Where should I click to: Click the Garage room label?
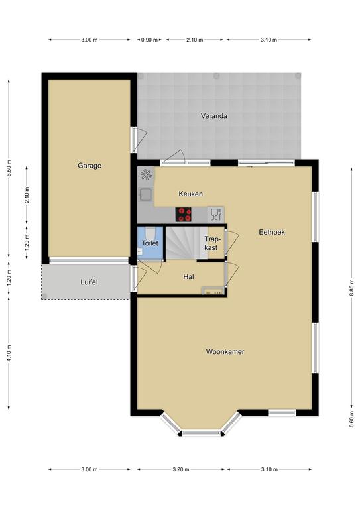[90, 166]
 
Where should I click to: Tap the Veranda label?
[214, 116]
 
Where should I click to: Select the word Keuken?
[190, 194]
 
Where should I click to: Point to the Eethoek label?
[272, 232]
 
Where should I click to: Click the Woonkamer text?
[225, 351]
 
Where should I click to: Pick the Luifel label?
[89, 282]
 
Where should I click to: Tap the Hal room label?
[188, 277]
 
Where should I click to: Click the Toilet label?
[150, 243]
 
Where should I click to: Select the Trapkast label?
[211, 243]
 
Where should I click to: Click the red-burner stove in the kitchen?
[184, 215]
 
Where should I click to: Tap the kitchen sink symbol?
[145, 194]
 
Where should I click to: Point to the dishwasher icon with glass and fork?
[216, 214]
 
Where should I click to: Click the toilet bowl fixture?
[150, 233]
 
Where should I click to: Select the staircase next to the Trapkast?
[182, 243]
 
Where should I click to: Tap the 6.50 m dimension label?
[9, 168]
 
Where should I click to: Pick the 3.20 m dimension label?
[181, 469]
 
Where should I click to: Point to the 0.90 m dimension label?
[149, 40]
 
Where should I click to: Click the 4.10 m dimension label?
[9, 353]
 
